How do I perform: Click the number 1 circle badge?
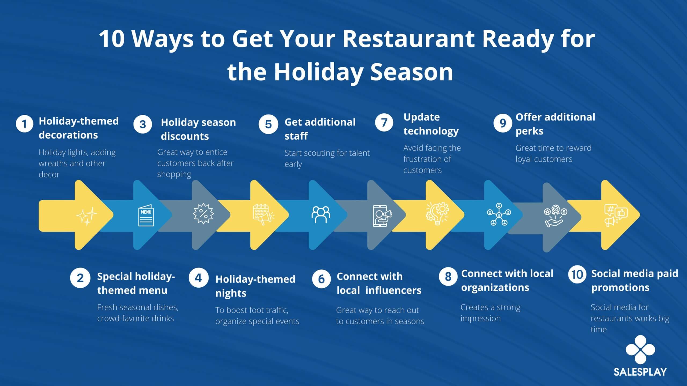point(24,124)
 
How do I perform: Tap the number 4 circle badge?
point(199,278)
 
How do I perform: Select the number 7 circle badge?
point(384,123)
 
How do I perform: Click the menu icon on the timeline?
point(146,216)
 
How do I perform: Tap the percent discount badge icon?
point(203,214)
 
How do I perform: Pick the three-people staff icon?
point(321,214)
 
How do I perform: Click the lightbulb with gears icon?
point(437,214)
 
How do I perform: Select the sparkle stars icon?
point(87,216)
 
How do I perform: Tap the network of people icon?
point(499,214)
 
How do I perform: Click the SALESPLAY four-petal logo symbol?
point(640,350)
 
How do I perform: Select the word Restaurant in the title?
point(410,39)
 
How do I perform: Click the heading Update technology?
point(431,124)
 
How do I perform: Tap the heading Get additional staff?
point(320,129)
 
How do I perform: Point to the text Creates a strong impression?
point(490,313)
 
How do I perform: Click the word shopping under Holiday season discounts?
point(174,174)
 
